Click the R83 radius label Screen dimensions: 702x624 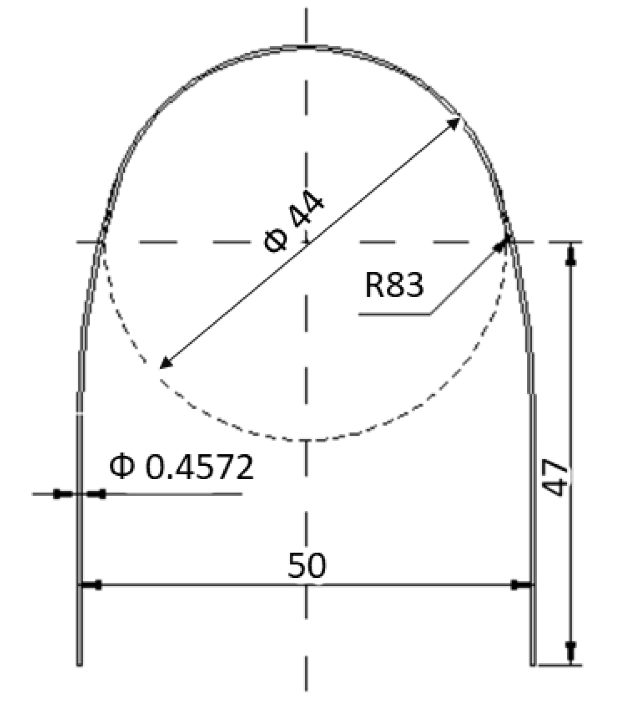[x=394, y=284]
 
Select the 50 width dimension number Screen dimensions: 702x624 [x=306, y=565]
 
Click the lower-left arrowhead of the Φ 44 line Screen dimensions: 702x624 [x=165, y=363]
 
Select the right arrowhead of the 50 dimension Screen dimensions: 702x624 [x=520, y=585]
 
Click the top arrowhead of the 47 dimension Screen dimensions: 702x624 [x=570, y=255]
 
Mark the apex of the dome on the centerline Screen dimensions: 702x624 [x=306, y=47]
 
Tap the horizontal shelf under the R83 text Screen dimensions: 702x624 [x=395, y=314]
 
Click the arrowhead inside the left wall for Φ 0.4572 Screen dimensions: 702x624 [x=97, y=494]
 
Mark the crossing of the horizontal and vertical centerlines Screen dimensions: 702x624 [x=306, y=242]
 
